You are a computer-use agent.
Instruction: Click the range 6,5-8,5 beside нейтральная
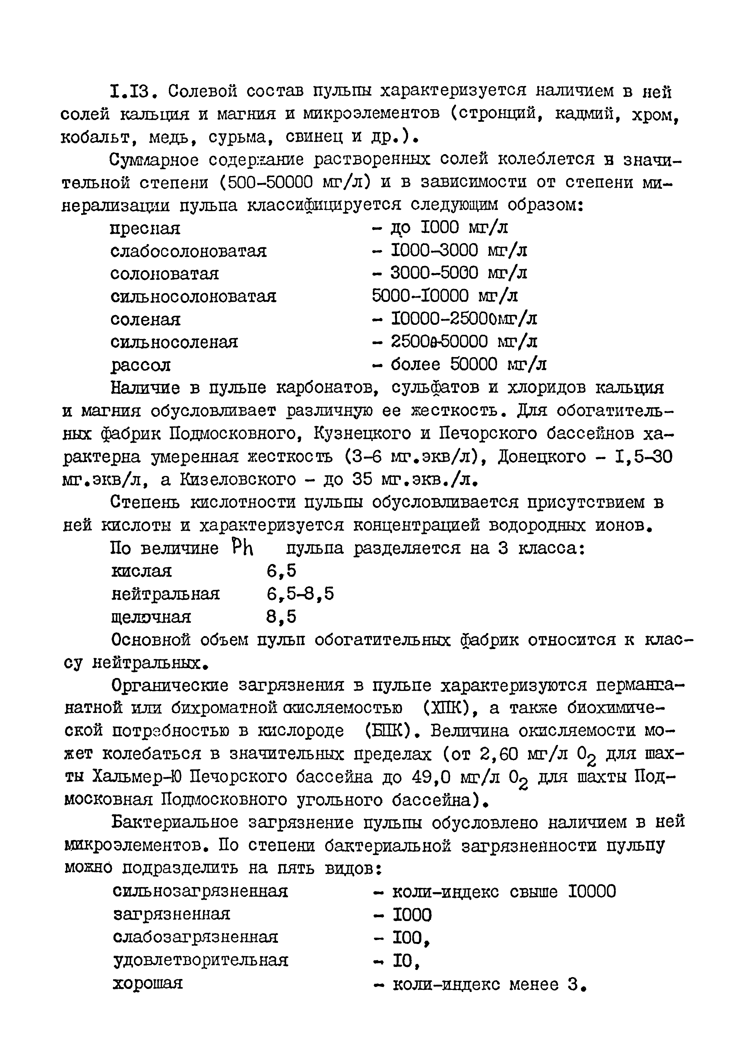point(300,594)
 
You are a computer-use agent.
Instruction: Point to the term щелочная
point(151,617)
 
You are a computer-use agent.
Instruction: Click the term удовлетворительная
point(201,960)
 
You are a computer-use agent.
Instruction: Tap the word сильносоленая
point(174,342)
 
